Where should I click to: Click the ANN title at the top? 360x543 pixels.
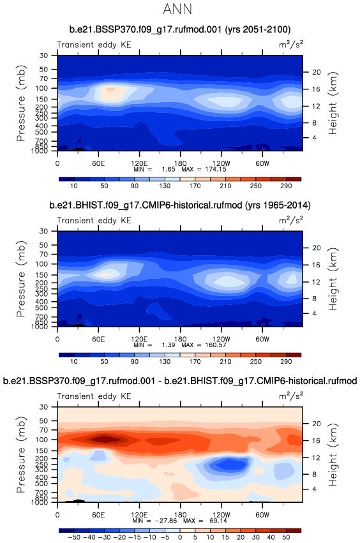(177, 9)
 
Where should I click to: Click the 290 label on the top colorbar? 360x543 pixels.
(286, 186)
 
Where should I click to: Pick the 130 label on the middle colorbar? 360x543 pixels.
(165, 362)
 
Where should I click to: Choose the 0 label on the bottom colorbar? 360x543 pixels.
(180, 537)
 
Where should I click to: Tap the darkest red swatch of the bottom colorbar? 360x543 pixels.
(294, 530)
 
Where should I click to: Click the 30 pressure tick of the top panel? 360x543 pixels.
(43, 56)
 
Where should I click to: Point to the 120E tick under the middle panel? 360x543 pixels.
(139, 339)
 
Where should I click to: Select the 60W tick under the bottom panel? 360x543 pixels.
(262, 515)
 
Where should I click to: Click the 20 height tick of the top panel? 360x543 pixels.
(317, 72)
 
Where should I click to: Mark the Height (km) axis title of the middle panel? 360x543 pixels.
(333, 279)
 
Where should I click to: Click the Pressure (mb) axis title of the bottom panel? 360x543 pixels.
(21, 455)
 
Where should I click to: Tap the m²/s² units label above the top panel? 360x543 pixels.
(291, 45)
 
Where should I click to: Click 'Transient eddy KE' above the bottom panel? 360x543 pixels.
(94, 396)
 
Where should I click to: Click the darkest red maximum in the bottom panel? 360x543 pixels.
(104, 440)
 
